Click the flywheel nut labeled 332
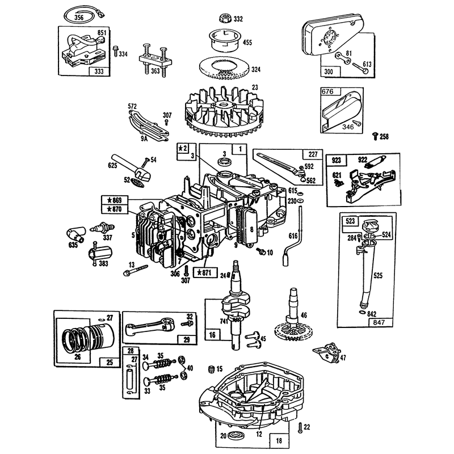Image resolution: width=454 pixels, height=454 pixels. (225, 19)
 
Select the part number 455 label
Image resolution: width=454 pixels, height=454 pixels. (247, 43)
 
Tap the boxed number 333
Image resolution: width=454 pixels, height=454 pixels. (99, 72)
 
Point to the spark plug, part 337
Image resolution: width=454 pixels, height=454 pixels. (103, 228)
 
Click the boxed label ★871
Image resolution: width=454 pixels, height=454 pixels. (205, 272)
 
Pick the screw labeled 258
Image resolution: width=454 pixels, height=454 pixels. (376, 136)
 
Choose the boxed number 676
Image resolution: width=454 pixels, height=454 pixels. (327, 91)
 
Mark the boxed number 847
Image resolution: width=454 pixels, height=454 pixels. (379, 322)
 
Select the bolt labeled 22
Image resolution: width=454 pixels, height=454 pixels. (300, 428)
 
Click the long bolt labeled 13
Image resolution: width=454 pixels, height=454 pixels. (136, 270)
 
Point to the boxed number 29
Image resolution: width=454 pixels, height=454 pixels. (187, 339)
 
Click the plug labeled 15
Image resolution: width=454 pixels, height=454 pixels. (212, 369)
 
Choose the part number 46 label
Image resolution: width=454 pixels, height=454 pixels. (304, 315)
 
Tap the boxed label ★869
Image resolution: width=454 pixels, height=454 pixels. (115, 200)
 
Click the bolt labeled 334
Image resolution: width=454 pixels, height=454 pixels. (116, 51)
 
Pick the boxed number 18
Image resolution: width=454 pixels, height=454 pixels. (279, 440)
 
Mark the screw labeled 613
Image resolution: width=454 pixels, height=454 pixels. (361, 68)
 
